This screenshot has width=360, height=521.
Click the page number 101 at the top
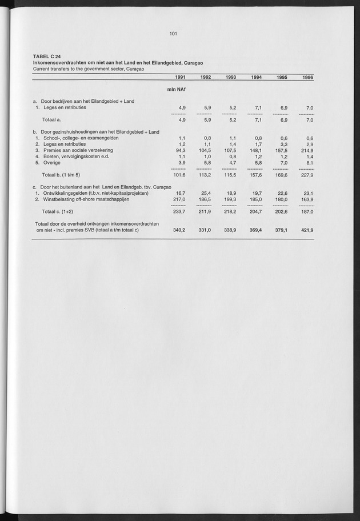click(174, 34)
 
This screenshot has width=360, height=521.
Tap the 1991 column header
click(179, 77)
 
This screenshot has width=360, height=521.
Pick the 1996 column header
click(308, 77)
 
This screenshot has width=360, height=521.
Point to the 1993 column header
click(231, 77)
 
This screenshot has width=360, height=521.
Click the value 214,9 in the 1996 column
click(307, 150)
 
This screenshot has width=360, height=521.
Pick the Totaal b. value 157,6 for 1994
click(255, 175)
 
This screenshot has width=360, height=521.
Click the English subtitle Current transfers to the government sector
click(88, 69)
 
